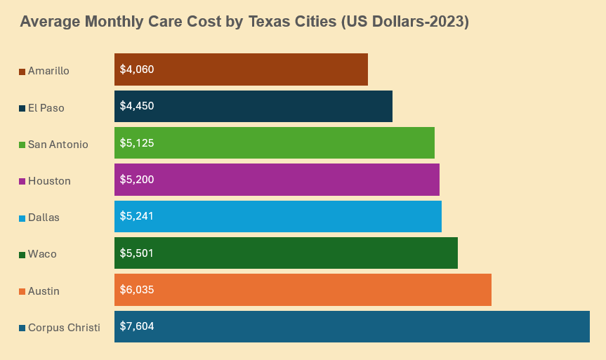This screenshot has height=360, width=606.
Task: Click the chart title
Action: pyautogui.click(x=244, y=22)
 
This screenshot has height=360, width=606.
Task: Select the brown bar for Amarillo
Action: pyautogui.click(x=241, y=69)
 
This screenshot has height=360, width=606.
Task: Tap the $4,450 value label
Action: pyautogui.click(x=137, y=106)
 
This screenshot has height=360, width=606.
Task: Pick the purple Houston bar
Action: pyautogui.click(x=277, y=180)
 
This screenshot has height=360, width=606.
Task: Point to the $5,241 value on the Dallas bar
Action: pyautogui.click(x=137, y=216)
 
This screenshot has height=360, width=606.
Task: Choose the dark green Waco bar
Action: pyautogui.click(x=286, y=253)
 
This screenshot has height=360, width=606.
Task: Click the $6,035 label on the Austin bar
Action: pyautogui.click(x=137, y=289)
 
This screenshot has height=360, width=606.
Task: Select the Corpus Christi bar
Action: pyautogui.click(x=352, y=326)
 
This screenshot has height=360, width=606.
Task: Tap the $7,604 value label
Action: pyautogui.click(x=137, y=326)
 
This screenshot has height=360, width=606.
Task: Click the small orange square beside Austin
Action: pyautogui.click(x=22, y=291)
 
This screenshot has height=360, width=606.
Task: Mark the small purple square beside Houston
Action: pyautogui.click(x=22, y=181)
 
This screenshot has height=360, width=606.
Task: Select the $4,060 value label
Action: pyautogui.click(x=137, y=69)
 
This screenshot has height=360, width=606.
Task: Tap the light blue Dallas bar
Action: pyautogui.click(x=277, y=216)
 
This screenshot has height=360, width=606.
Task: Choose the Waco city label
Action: pyautogui.click(x=42, y=254)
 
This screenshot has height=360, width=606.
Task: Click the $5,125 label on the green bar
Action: pyautogui.click(x=137, y=142)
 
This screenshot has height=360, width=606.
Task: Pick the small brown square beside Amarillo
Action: pyautogui.click(x=22, y=72)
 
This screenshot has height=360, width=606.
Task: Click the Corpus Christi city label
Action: pyautogui.click(x=64, y=328)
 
